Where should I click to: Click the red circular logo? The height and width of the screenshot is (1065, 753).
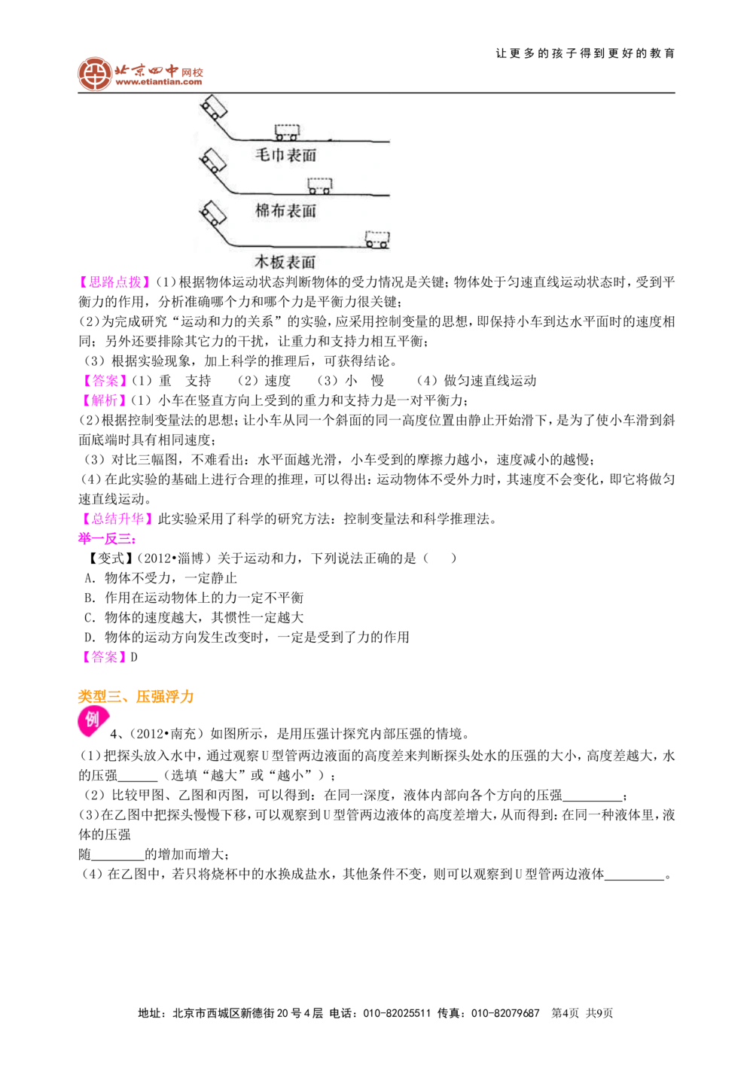[x=95, y=74]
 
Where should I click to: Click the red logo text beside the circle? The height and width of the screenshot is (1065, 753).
[x=159, y=73]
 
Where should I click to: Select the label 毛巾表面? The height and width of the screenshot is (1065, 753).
[x=286, y=155]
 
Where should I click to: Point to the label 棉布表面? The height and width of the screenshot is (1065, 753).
[x=286, y=211]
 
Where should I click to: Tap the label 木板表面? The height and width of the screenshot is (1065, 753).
[x=285, y=262]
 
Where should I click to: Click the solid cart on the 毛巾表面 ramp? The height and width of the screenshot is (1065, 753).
[x=213, y=108]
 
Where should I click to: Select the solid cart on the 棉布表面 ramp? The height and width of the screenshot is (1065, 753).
[x=213, y=162]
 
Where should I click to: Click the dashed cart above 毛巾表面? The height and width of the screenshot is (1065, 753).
[x=287, y=132]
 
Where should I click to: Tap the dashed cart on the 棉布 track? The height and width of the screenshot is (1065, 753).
[x=320, y=184]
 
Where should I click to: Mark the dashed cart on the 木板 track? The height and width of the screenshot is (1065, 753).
[x=377, y=239]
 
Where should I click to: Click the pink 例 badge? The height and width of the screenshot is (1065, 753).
[x=92, y=721]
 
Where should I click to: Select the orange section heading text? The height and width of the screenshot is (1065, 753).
[x=136, y=696]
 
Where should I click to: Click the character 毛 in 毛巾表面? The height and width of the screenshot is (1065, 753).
[x=263, y=155]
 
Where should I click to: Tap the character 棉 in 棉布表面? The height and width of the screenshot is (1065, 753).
[x=263, y=211]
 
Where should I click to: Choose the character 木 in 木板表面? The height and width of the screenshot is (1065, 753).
[x=261, y=262]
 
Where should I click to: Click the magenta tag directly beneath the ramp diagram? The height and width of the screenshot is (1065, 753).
[x=114, y=281]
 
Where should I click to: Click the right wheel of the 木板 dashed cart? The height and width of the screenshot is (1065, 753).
[x=384, y=245]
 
